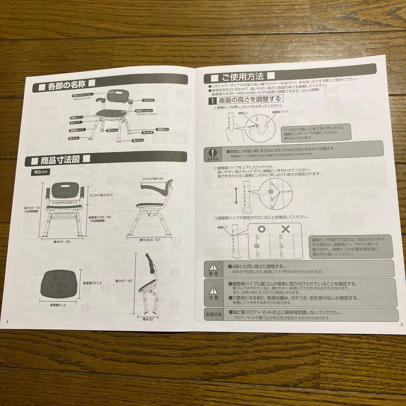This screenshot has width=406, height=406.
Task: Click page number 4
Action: (8, 322)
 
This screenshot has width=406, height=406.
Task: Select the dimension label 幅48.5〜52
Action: (62, 241)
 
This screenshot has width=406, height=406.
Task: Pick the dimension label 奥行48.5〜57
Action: (148, 240)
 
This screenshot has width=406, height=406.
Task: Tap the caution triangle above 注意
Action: (213, 290)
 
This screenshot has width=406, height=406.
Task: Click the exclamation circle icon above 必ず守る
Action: (213, 152)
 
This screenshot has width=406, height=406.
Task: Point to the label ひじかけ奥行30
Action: (153, 179)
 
